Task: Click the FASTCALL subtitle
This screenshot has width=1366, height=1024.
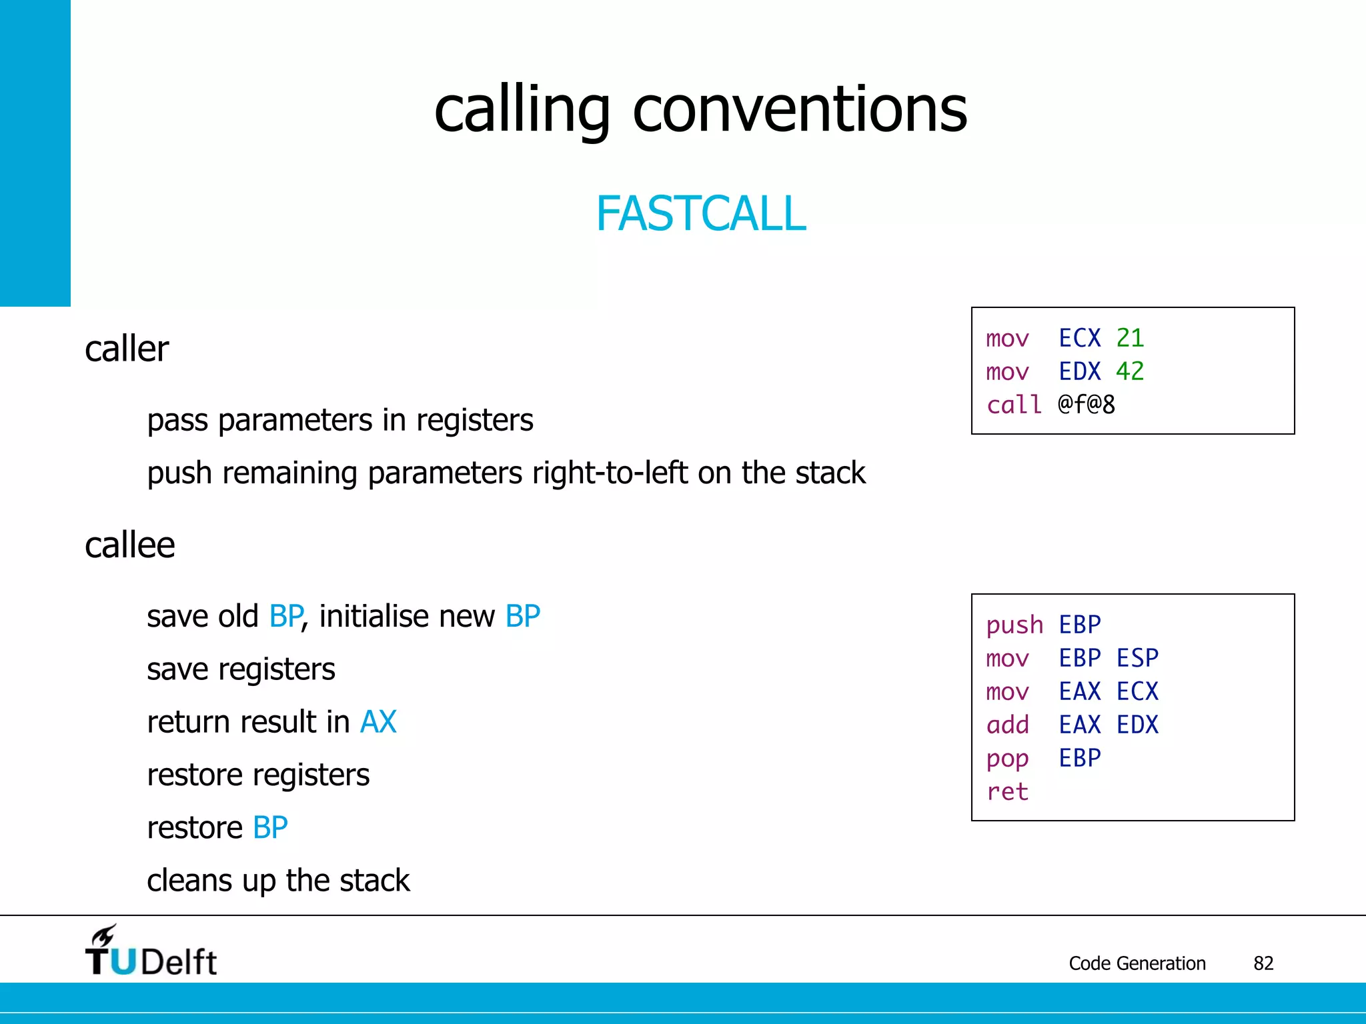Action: [700, 214]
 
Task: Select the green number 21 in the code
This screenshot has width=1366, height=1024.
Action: [1130, 338]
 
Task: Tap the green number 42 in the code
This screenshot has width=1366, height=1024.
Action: [1130, 371]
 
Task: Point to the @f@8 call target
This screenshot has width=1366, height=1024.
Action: [1086, 405]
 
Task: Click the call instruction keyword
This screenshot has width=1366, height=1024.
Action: [1014, 405]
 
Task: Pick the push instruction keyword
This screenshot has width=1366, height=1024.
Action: [1014, 625]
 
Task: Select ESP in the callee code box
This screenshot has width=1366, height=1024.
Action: [1137, 659]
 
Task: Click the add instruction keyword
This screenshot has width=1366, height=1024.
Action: [1007, 725]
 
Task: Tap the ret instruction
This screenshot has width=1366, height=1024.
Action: [1007, 792]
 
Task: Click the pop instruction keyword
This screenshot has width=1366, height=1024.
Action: [1007, 759]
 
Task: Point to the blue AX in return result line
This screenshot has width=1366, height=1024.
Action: [378, 722]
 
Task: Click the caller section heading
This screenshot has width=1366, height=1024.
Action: [127, 349]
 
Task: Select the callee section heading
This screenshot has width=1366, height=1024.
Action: [130, 545]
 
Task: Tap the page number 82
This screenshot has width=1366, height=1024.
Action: [1263, 963]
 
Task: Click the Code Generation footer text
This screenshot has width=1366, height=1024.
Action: [1137, 963]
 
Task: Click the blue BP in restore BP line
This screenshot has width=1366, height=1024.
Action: [270, 828]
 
